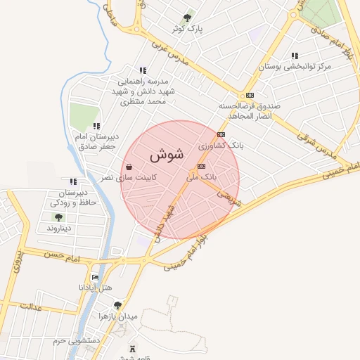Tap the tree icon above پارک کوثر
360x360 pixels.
tap(187, 18)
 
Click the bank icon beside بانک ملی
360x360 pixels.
tap(202, 167)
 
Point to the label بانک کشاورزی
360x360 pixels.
tap(220, 145)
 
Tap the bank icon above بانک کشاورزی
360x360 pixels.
tap(221, 134)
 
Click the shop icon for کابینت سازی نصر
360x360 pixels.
tap(129, 167)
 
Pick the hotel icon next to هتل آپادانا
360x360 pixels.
tap(96, 277)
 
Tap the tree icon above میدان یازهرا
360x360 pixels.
tap(117, 304)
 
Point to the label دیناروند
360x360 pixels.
tap(60, 229)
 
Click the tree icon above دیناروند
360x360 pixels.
tap(57, 217)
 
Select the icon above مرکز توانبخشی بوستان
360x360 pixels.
tap(294, 56)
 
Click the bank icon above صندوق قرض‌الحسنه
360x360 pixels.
tap(249, 96)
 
